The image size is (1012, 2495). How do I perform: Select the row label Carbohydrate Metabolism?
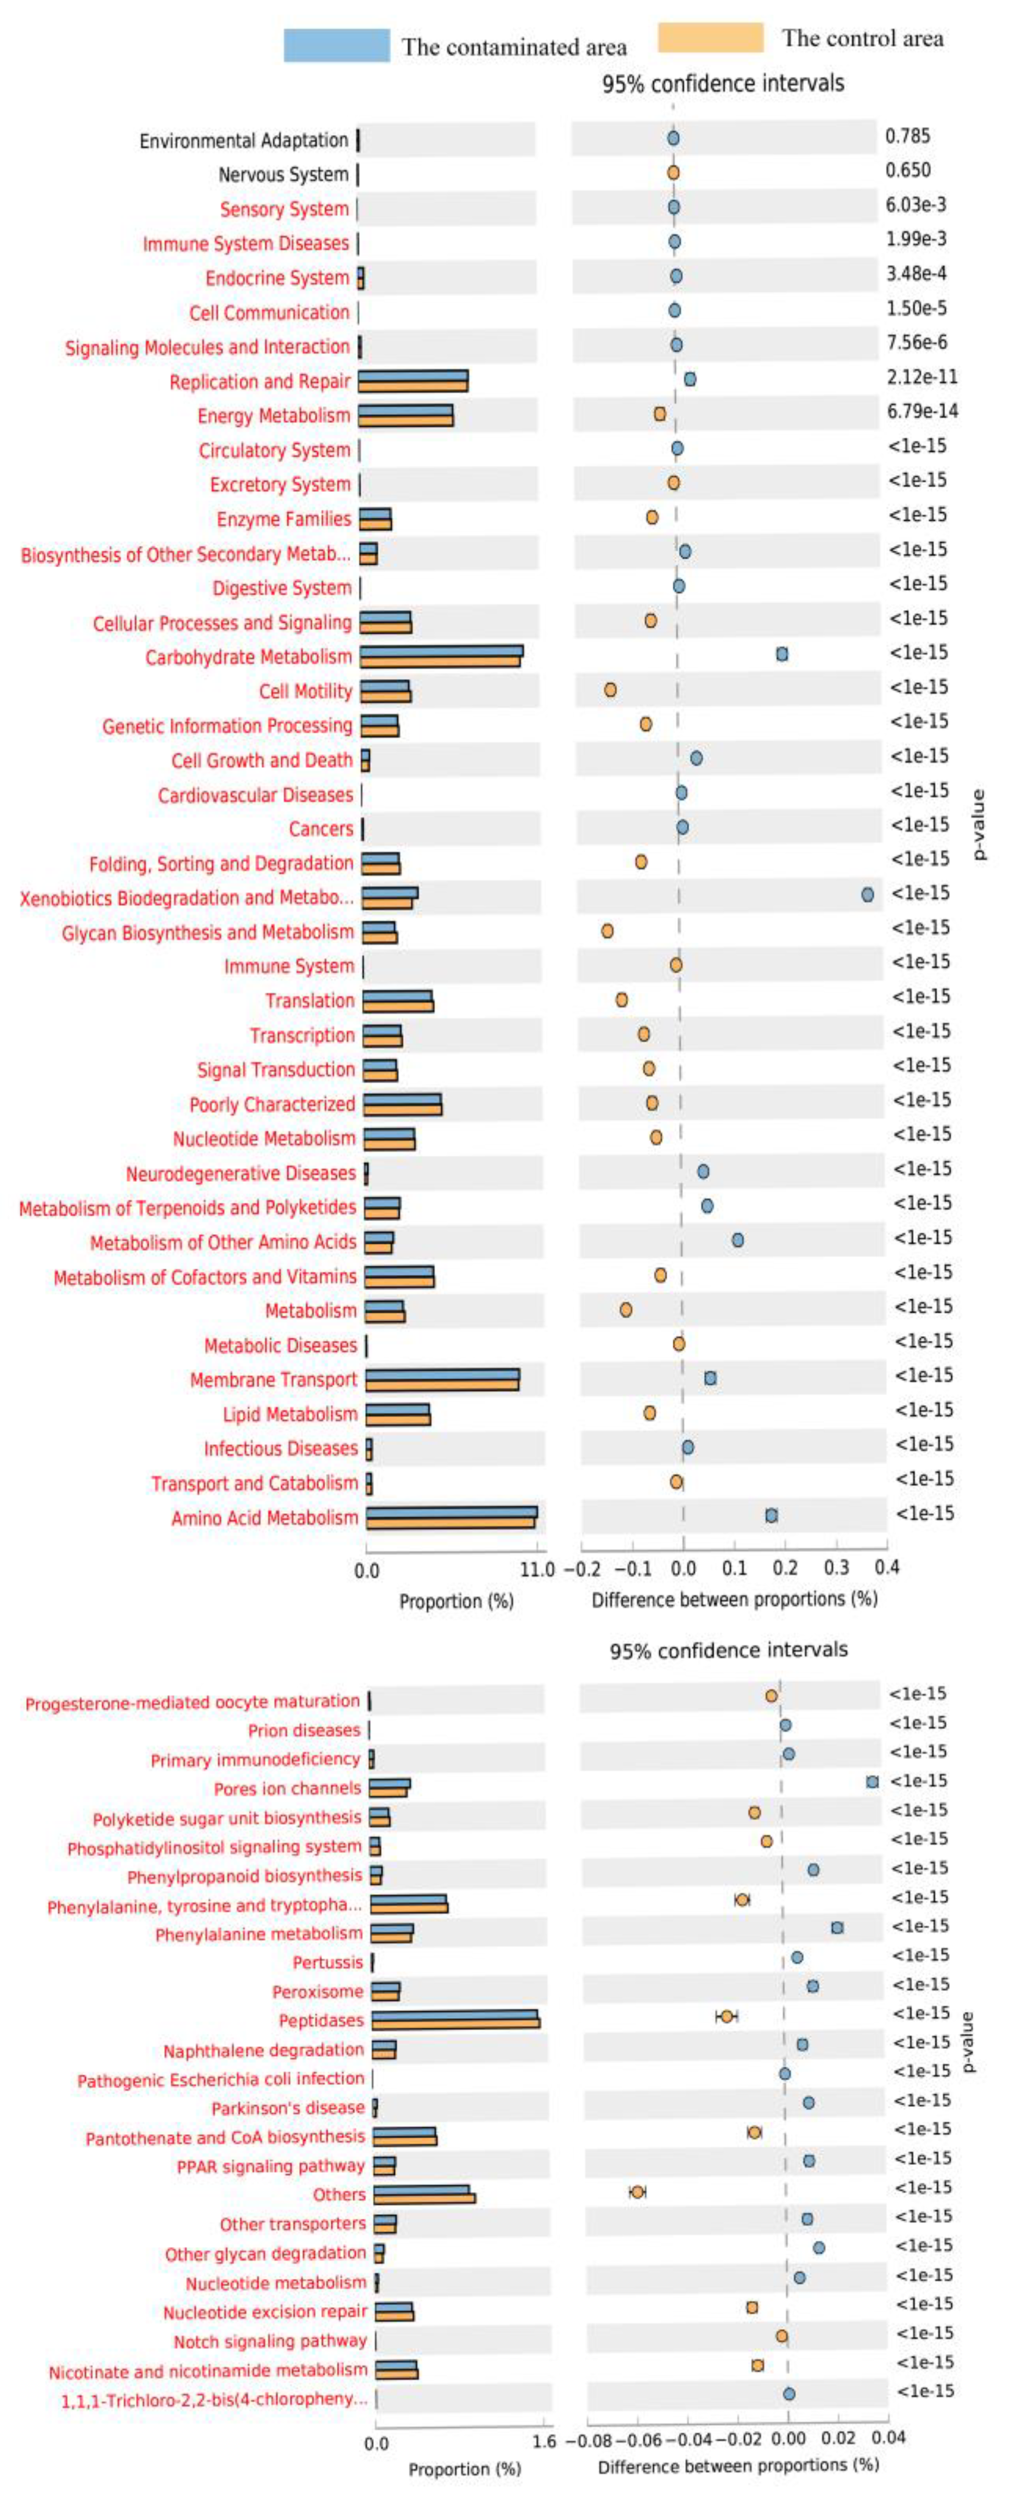coord(249,657)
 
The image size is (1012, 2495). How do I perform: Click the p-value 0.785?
coord(908,136)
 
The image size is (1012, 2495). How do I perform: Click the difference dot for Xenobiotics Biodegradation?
coord(868,895)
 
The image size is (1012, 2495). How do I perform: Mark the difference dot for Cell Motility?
coord(610,689)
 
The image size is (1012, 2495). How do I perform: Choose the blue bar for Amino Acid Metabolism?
coord(451,1512)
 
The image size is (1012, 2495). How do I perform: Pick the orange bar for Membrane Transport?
coord(443,1385)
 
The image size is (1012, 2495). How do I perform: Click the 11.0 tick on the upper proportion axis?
coord(537,1570)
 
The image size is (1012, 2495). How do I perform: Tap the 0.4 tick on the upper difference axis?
coord(886,1567)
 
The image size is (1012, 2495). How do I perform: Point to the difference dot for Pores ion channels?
coord(873,1781)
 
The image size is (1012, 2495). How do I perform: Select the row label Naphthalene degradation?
coord(263,2049)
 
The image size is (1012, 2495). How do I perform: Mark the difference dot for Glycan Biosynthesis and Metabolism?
coord(607,931)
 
